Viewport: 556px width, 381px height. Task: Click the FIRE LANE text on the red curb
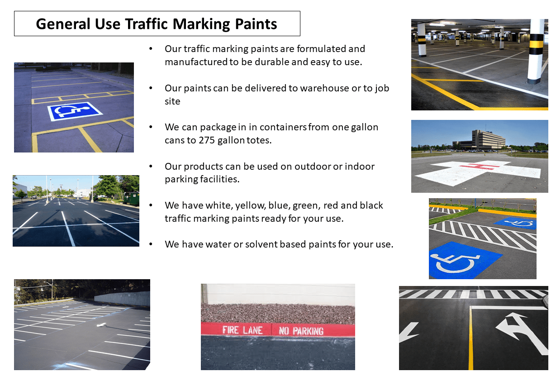(x=242, y=330)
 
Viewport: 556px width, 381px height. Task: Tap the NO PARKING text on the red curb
(x=301, y=331)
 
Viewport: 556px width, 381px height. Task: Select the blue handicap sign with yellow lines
(x=75, y=111)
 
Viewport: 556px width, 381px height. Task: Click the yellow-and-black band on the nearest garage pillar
(x=536, y=47)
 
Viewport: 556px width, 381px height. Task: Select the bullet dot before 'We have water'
(x=151, y=244)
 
